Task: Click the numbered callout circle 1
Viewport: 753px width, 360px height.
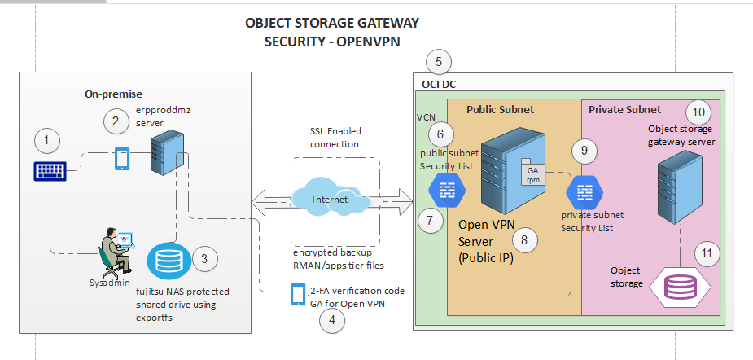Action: click(x=47, y=141)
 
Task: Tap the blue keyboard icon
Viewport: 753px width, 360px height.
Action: click(x=51, y=171)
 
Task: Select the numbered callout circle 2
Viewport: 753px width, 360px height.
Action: click(x=116, y=122)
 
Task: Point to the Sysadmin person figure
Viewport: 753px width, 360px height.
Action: click(x=113, y=249)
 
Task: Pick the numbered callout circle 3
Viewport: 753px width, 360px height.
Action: click(x=204, y=260)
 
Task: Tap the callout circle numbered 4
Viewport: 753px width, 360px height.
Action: click(x=331, y=321)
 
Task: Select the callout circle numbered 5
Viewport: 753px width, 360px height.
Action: click(x=439, y=61)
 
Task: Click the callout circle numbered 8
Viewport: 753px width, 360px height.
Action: click(x=524, y=239)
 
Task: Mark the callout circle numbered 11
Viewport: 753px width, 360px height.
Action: click(x=707, y=253)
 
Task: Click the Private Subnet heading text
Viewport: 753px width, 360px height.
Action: click(x=624, y=109)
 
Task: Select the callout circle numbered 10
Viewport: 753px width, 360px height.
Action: click(x=698, y=112)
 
